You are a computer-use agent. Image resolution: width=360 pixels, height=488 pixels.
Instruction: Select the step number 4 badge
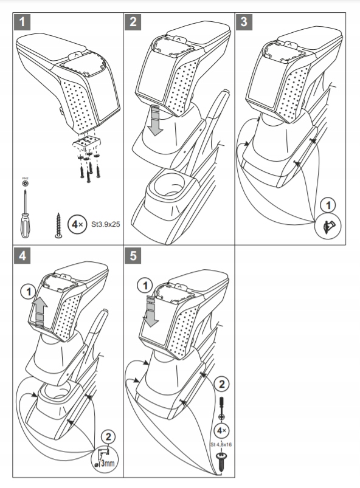[22, 256]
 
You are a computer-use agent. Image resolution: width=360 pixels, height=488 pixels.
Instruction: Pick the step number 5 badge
[133, 256]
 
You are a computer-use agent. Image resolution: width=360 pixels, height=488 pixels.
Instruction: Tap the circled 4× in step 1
[76, 224]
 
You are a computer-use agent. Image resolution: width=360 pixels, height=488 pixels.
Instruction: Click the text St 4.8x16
[222, 444]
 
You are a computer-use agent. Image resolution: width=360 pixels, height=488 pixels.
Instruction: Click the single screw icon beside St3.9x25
[58, 225]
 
